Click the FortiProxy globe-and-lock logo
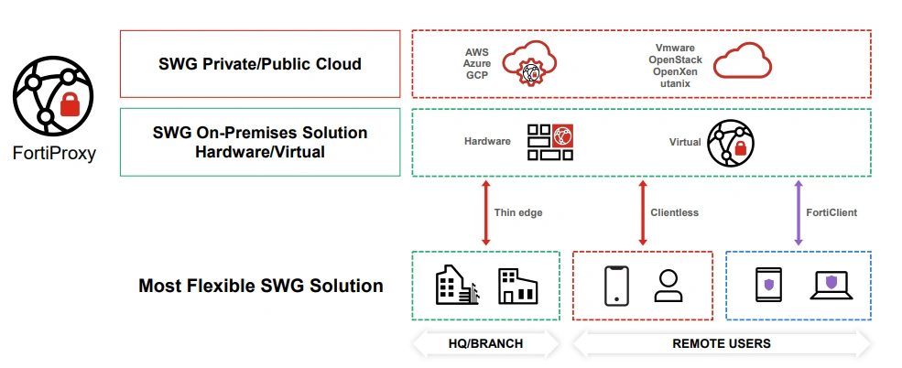pyautogui.click(x=51, y=96)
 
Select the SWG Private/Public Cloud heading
pyautogui.click(x=259, y=64)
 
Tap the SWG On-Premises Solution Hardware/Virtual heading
pyautogui.click(x=260, y=142)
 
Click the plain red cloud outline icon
pyautogui.click(x=743, y=63)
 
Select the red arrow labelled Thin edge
pyautogui.click(x=485, y=213)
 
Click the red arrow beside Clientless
pyautogui.click(x=642, y=213)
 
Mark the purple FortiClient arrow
pyautogui.click(x=799, y=213)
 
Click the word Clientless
pyautogui.click(x=674, y=213)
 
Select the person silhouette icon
pyautogui.click(x=669, y=286)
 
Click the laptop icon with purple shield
pyautogui.click(x=832, y=286)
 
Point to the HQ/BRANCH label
pyautogui.click(x=485, y=344)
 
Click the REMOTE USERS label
pyautogui.click(x=722, y=344)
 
